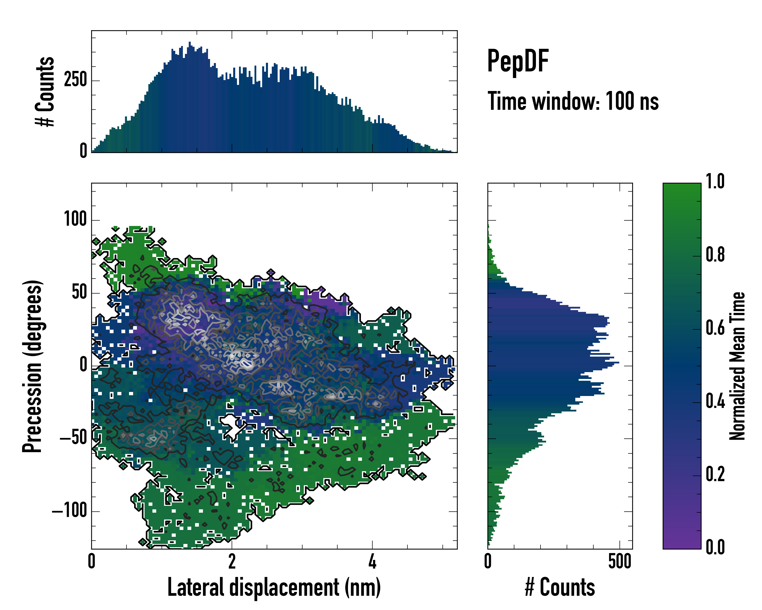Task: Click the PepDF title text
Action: [518, 61]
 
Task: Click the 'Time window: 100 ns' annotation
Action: [573, 101]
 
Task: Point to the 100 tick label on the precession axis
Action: [75, 219]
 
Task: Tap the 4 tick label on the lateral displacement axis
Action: [372, 561]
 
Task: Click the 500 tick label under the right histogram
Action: [620, 561]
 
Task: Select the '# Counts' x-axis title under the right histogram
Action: [560, 587]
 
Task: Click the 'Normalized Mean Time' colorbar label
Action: [737, 366]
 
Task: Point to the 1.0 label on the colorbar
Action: [715, 181]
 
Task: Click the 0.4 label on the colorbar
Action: [715, 402]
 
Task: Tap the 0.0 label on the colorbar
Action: [715, 547]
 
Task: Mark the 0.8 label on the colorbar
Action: [715, 255]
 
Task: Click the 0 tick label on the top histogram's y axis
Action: [83, 151]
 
